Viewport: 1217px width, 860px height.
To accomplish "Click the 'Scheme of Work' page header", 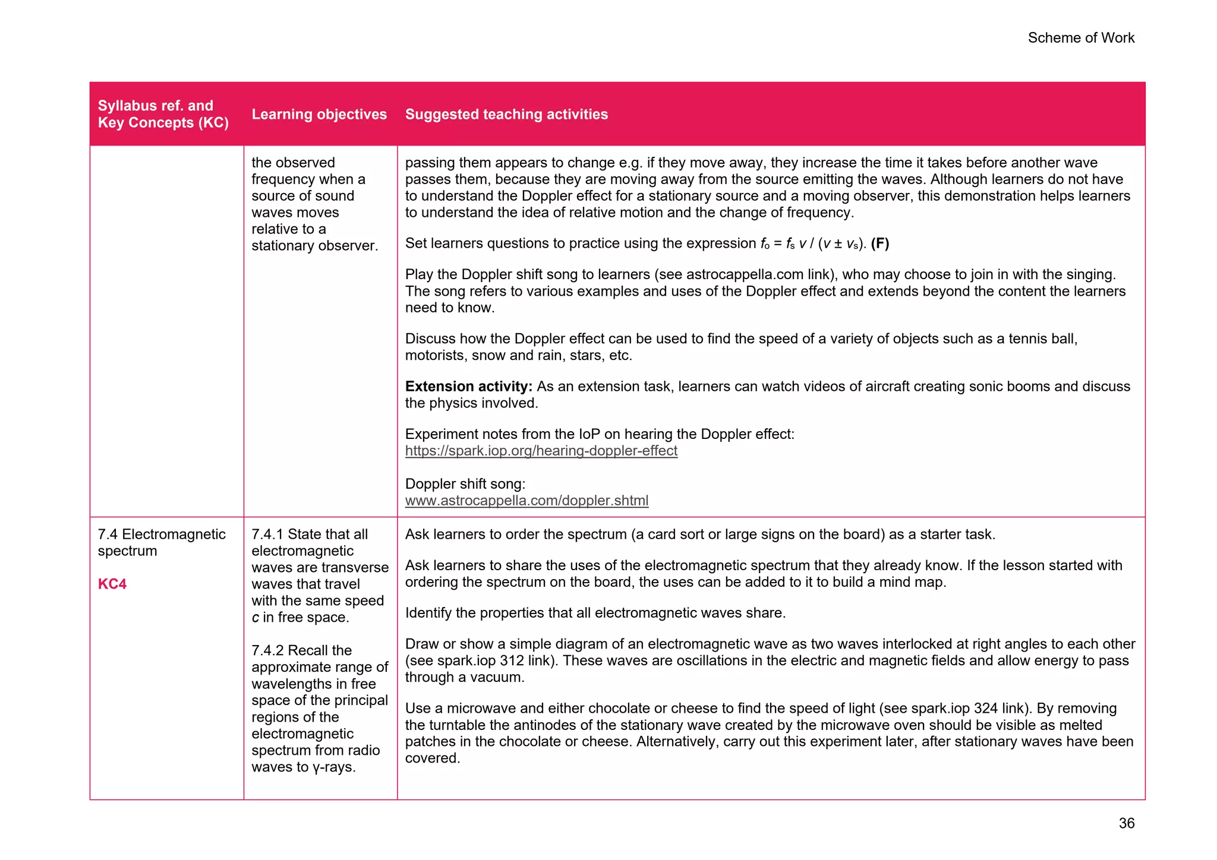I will click(x=1080, y=38).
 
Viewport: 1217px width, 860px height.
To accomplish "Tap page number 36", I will click(x=1126, y=823).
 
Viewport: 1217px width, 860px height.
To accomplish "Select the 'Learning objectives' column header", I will click(x=319, y=114).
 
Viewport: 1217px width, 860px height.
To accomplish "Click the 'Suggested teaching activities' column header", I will click(x=506, y=114).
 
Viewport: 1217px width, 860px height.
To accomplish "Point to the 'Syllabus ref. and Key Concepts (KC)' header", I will click(x=163, y=114).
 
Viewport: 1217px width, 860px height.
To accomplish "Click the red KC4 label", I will click(x=112, y=584).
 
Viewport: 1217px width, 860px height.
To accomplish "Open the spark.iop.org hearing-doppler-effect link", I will click(x=541, y=451).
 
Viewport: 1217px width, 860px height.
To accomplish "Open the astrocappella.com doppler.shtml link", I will click(x=526, y=501).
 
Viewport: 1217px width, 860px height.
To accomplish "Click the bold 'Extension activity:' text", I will click(x=468, y=387).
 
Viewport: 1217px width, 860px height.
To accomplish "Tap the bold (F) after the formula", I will click(x=879, y=244).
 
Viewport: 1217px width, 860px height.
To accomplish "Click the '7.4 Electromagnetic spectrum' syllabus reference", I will click(x=161, y=542).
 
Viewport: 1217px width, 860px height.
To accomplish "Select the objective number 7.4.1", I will click(x=267, y=535).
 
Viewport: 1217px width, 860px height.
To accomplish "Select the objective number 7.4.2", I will click(x=267, y=650).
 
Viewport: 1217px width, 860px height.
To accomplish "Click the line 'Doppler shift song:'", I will click(x=465, y=484).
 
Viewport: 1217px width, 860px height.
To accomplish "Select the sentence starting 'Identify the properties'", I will click(x=595, y=613).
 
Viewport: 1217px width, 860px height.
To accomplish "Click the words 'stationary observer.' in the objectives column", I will click(x=314, y=246).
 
